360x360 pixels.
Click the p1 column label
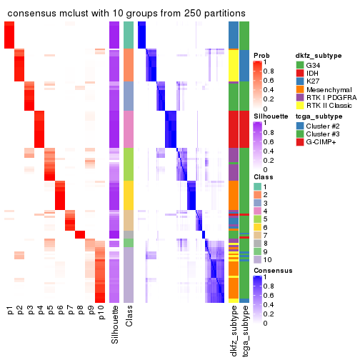pos(10,311)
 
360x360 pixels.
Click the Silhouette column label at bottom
pos(115,324)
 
